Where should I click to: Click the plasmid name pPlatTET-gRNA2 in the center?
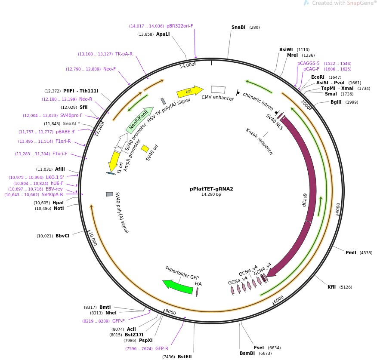click(x=211, y=189)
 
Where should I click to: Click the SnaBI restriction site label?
click(x=238, y=28)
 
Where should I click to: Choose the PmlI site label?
click(x=351, y=252)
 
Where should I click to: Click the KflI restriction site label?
click(x=331, y=287)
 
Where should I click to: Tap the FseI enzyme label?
click(x=259, y=348)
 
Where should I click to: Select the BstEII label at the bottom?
click(x=185, y=357)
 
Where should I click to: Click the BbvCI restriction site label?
click(x=62, y=236)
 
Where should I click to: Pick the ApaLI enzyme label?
click(x=163, y=34)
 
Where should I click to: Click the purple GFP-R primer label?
click(x=162, y=349)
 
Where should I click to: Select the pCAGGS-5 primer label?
click(x=309, y=63)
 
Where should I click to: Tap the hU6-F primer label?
click(x=57, y=183)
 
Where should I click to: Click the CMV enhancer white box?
click(x=218, y=89)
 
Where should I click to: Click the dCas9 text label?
click(x=305, y=203)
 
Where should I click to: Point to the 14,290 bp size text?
click(x=211, y=194)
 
